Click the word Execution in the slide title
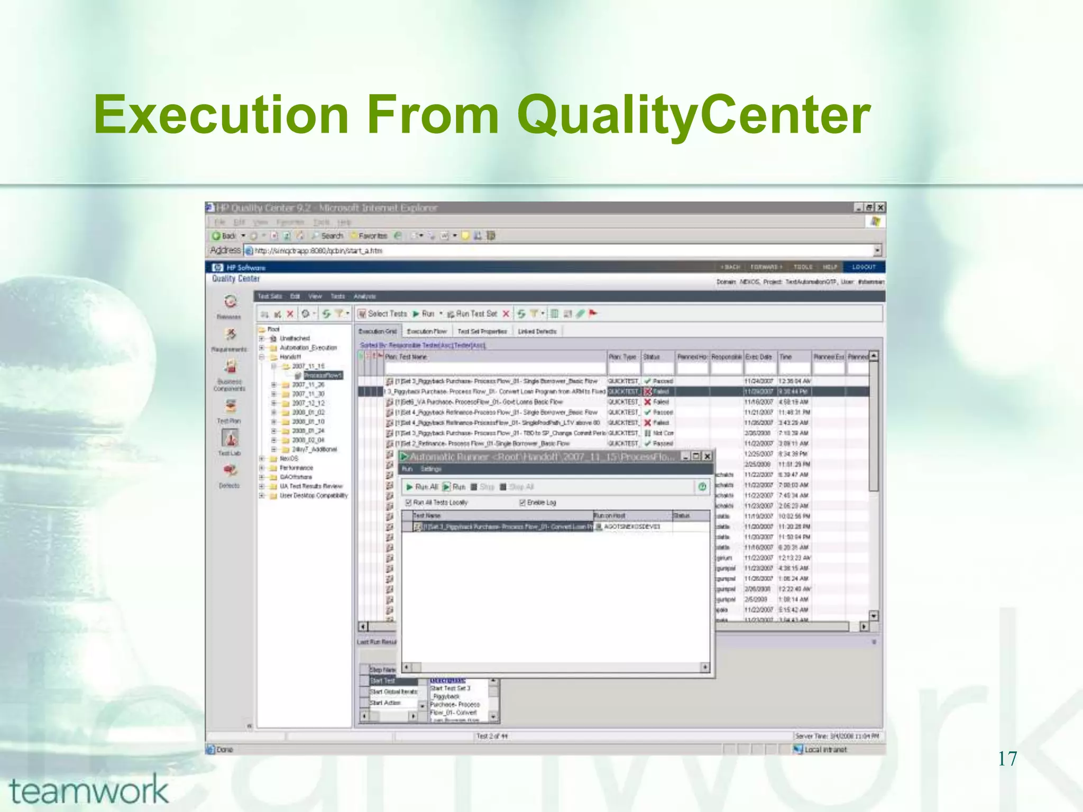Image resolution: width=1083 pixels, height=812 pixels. pos(221,115)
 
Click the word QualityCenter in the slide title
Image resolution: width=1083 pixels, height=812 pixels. pos(693,115)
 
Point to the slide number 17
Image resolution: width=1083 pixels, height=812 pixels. pos(1007,759)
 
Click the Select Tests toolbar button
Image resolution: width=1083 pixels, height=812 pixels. pos(382,314)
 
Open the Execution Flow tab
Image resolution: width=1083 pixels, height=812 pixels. pos(427,331)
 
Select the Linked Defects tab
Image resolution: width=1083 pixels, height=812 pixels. pos(537,331)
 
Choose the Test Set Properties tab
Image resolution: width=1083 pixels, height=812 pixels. pos(482,331)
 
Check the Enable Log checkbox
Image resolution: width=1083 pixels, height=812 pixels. pos(522,503)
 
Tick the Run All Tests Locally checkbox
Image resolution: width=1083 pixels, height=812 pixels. pos(408,503)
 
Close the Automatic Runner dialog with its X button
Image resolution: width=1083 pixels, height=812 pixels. pos(707,456)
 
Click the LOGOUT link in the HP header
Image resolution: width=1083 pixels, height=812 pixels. pos(864,267)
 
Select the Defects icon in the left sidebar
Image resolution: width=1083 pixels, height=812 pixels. pos(230,472)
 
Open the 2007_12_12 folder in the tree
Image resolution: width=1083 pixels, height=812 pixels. pos(308,403)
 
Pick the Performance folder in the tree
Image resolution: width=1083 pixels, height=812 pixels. pos(296,468)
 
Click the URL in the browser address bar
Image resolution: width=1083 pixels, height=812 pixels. pos(318,251)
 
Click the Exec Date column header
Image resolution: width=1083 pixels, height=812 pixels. pos(758,357)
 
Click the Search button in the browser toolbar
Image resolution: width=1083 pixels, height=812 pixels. pos(328,236)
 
